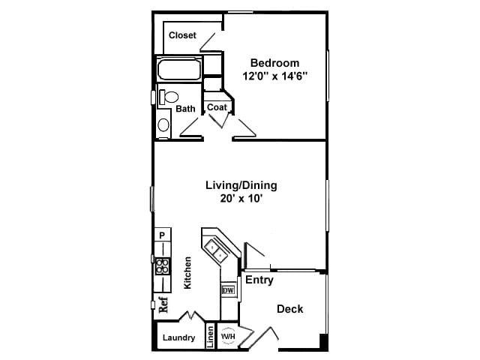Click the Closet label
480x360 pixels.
coord(182,35)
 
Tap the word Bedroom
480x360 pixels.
coord(274,63)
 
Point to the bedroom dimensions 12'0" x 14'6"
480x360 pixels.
coord(274,76)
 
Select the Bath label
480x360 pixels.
coord(185,109)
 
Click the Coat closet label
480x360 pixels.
coord(217,107)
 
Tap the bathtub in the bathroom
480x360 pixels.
coord(178,71)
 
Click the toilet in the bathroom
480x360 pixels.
coord(169,97)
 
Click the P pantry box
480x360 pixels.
coord(161,235)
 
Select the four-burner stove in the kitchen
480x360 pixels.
coord(162,265)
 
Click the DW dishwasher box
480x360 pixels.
coord(228,290)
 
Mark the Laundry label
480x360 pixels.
coord(179,338)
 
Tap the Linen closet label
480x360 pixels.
coord(211,337)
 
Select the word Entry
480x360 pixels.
coord(259,280)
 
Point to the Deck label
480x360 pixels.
coord(289,309)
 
